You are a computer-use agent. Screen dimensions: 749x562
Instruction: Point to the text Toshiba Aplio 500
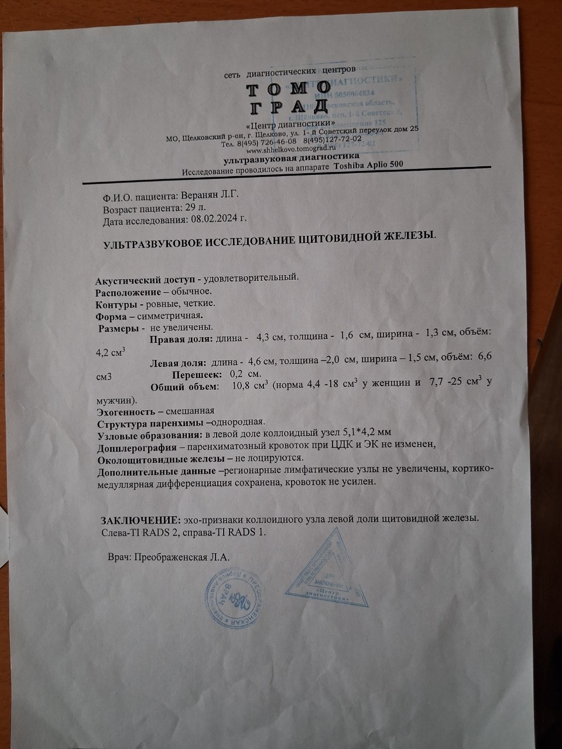pos(368,165)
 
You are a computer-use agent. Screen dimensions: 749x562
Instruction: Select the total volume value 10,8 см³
pos(250,386)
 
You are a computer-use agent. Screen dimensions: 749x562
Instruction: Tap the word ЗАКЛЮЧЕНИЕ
pos(140,520)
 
